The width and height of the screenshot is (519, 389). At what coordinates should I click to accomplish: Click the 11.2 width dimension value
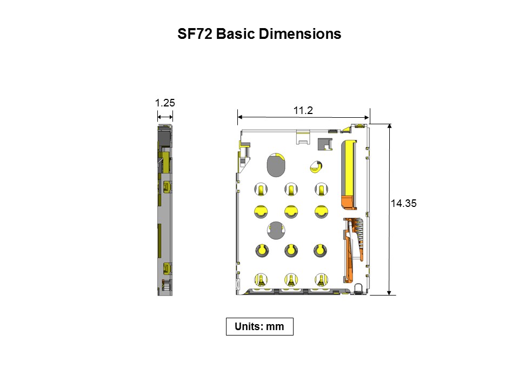tap(303, 110)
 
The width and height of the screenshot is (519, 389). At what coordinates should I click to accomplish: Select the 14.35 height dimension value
tap(403, 204)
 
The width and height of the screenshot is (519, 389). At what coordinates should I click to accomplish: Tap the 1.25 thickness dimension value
tap(165, 103)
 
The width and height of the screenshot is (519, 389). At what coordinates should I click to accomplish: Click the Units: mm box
tap(259, 327)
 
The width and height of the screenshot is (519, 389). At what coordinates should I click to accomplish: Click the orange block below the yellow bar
tap(348, 202)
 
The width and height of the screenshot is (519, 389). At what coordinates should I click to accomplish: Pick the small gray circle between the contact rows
tap(276, 230)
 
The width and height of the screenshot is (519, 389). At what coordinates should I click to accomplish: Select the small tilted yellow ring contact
tap(315, 166)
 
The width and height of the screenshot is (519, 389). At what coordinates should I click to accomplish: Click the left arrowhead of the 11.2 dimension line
tap(241, 116)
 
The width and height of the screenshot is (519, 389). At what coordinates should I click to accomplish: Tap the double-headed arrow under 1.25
tap(165, 116)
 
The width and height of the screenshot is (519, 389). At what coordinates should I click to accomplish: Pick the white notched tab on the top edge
tap(303, 136)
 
